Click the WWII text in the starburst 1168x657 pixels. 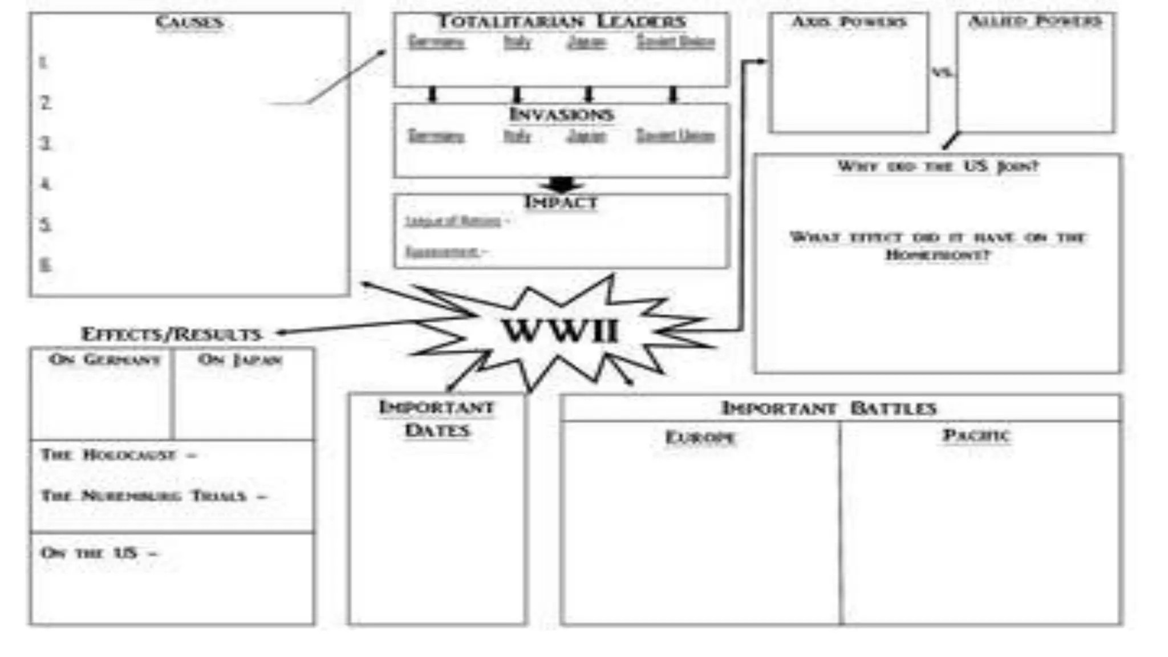click(560, 331)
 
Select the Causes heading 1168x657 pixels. click(189, 23)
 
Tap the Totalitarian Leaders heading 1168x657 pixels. click(561, 22)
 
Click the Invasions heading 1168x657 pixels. click(561, 115)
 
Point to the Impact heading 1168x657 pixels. click(561, 202)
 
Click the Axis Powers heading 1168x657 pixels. click(849, 22)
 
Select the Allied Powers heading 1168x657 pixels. click(1035, 22)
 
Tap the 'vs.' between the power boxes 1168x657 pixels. click(942, 72)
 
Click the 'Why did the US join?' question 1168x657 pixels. click(938, 167)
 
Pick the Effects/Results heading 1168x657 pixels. click(171, 334)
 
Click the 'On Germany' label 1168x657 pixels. click(104, 360)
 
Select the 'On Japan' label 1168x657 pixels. click(240, 360)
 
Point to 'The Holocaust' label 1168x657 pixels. click(108, 455)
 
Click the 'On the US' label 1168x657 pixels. click(90, 553)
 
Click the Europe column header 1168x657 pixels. click(700, 437)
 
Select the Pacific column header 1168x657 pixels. click(976, 436)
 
